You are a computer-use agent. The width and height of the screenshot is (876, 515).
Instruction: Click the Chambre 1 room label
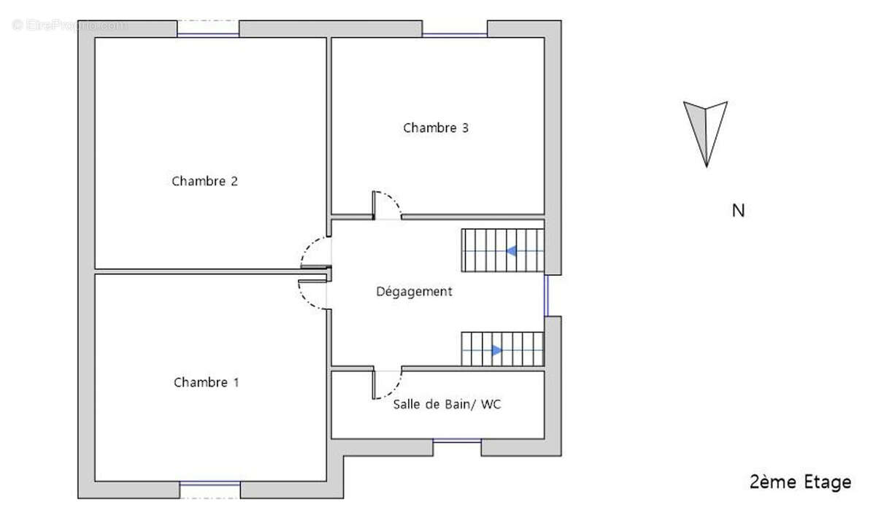point(207,382)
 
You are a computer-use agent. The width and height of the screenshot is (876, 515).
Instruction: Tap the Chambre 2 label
point(205,181)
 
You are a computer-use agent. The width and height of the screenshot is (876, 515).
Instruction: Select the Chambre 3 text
point(436,128)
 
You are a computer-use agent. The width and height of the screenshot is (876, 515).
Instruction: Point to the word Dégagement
point(414,292)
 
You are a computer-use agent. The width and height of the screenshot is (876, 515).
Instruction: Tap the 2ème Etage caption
point(800,482)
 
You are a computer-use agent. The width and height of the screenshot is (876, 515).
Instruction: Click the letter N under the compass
point(738,211)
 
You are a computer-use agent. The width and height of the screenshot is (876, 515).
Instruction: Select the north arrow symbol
point(705,131)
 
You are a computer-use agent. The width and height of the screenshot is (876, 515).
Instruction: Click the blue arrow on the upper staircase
point(512,251)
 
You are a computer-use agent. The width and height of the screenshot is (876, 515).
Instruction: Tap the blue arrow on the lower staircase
point(496,350)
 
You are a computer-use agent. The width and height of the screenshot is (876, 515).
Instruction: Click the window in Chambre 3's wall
point(455,34)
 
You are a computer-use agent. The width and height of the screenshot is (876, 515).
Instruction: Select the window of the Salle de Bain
point(457,441)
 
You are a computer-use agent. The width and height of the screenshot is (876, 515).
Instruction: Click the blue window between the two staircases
point(546,295)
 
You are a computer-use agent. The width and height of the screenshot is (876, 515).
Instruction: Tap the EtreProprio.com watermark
point(69,25)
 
